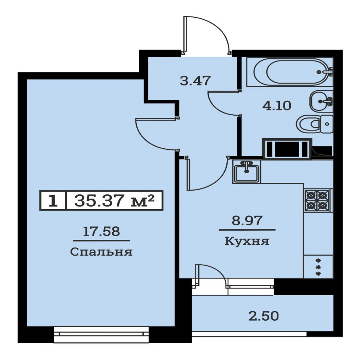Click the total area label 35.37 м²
(114, 200)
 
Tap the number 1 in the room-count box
(53, 201)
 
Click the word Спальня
(101, 252)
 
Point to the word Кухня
(247, 241)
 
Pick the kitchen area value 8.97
(247, 220)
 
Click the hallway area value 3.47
(195, 81)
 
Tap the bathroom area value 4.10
(277, 106)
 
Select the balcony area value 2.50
(264, 316)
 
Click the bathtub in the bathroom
(290, 72)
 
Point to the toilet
(315, 124)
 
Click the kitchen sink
(246, 171)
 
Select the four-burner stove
(318, 200)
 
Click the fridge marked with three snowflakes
(318, 267)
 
